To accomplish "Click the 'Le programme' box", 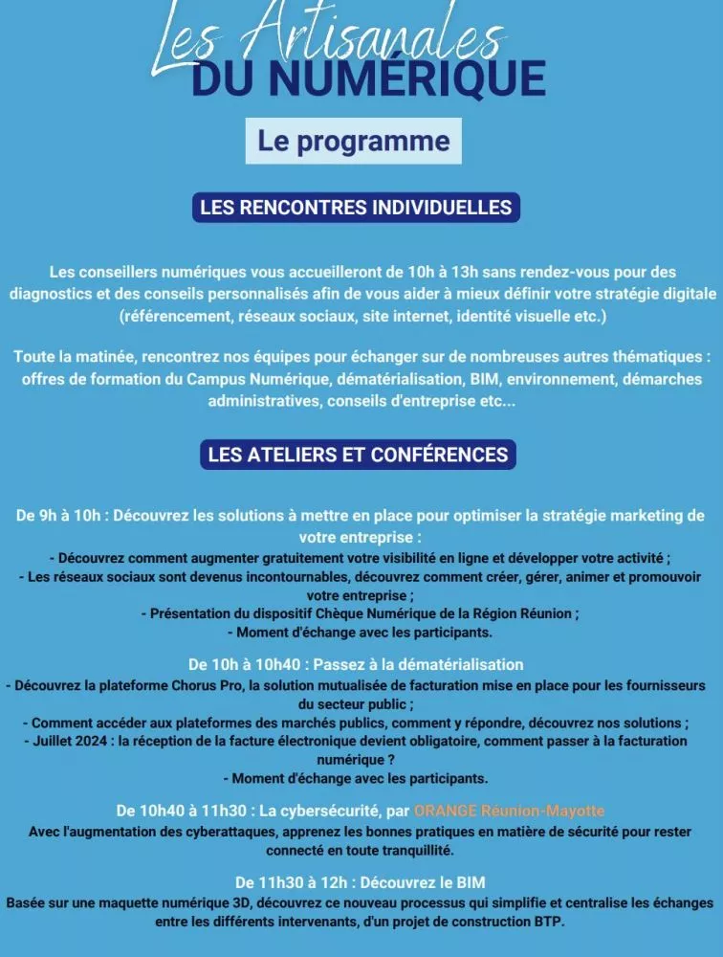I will pos(353,142).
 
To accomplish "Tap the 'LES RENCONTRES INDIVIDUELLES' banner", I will pos(356,207).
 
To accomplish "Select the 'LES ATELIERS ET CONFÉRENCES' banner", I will pos(358,455).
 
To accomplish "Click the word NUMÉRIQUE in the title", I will pos(407,78).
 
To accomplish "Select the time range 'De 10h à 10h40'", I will pos(243,664).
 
